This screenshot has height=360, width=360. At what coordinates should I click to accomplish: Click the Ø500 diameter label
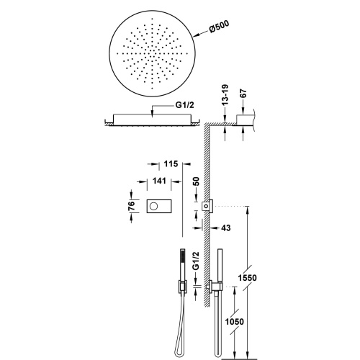click(219, 27)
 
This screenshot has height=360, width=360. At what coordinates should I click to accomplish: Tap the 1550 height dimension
click(247, 278)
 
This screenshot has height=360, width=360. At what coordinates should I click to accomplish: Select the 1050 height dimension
click(234, 321)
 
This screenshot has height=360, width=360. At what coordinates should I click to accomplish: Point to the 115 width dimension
click(171, 164)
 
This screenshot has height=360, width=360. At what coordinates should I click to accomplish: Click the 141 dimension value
click(159, 181)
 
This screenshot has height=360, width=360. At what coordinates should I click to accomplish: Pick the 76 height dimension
click(132, 206)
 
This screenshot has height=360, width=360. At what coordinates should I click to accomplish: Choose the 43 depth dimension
click(225, 228)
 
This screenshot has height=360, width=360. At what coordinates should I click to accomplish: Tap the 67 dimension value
click(243, 94)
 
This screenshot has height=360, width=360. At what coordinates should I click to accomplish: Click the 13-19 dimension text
click(225, 95)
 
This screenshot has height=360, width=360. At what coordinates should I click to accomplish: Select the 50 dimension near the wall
click(196, 181)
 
